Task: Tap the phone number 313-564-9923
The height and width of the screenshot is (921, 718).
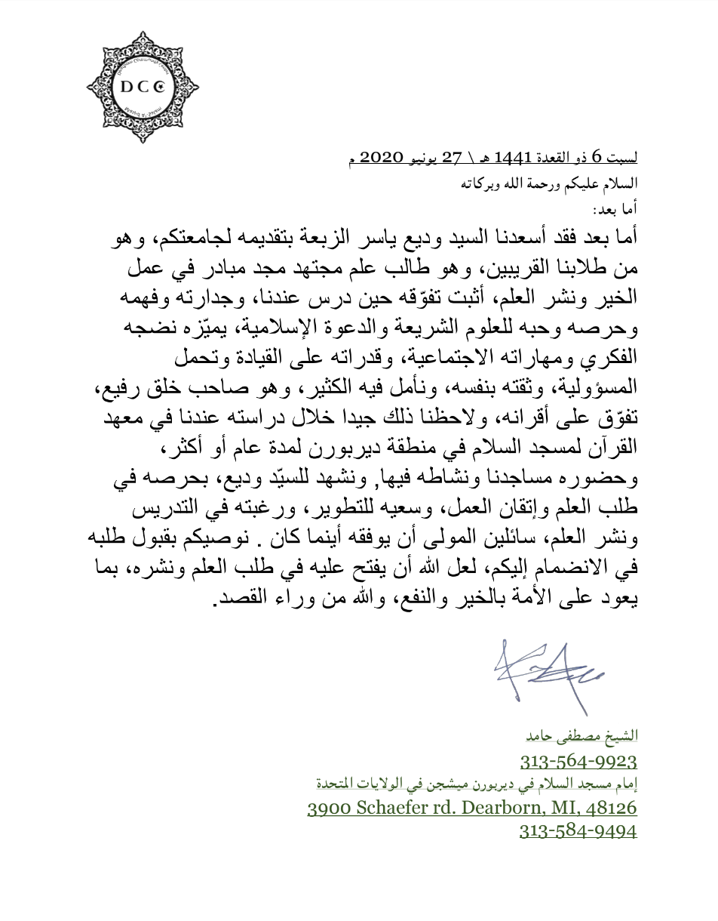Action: click(578, 761)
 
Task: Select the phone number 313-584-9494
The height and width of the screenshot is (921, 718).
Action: click(578, 831)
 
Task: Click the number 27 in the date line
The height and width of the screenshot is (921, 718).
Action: click(451, 158)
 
